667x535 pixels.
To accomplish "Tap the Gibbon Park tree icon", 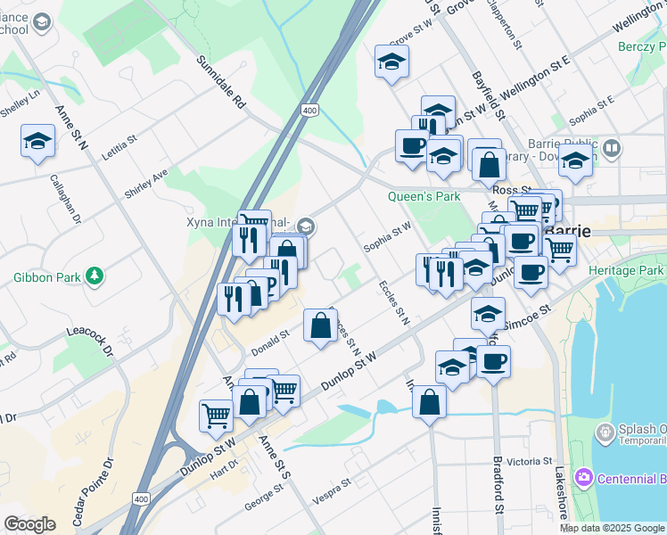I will (94, 276).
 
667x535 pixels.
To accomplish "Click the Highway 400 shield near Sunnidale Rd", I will (309, 110).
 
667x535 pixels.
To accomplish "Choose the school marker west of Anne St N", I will (38, 140).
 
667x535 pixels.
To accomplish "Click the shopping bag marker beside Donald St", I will (320, 325).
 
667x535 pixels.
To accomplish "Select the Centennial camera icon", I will (584, 478).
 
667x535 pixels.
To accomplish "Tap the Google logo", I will (29, 524).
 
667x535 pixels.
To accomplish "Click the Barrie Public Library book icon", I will (611, 148).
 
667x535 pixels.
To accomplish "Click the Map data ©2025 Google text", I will (611, 528).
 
